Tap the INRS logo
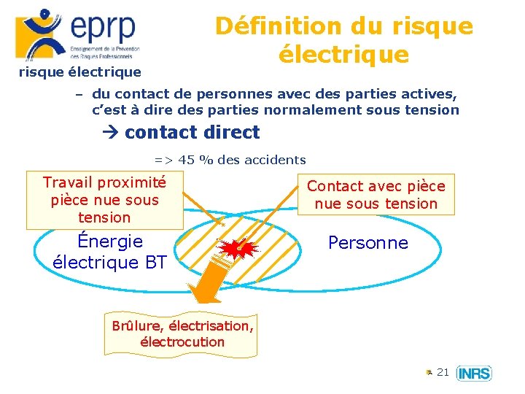click(x=474, y=374)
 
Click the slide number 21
click(x=443, y=373)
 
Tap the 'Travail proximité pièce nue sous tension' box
click(x=104, y=199)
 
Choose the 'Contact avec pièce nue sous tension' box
click(x=376, y=195)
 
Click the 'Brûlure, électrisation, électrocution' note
click(x=182, y=333)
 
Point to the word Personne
click(x=368, y=242)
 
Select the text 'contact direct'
click(x=192, y=132)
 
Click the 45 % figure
click(x=193, y=160)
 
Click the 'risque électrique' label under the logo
click(x=79, y=72)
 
